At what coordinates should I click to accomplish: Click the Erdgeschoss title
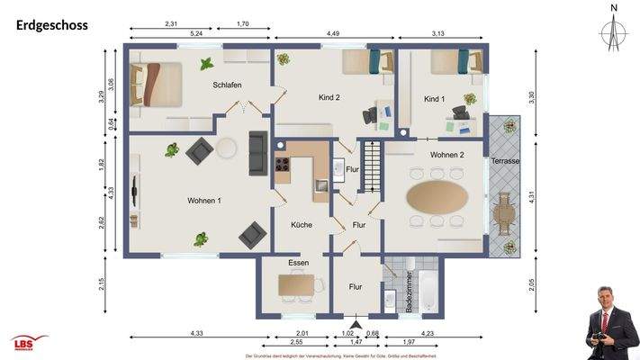pyautogui.click(x=52, y=25)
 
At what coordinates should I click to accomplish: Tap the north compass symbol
pyautogui.click(x=613, y=32)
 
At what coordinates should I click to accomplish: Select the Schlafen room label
pyautogui.click(x=227, y=85)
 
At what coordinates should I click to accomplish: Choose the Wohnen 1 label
pyautogui.click(x=206, y=200)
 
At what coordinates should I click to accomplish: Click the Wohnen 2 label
pyautogui.click(x=446, y=155)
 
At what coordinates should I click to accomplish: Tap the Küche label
pyautogui.click(x=301, y=226)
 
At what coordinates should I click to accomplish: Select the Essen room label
pyautogui.click(x=298, y=263)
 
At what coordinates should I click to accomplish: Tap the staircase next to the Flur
pyautogui.click(x=371, y=165)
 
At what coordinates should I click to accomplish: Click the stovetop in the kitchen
pyautogui.click(x=282, y=165)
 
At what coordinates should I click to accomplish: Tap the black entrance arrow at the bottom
pyautogui.click(x=356, y=322)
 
